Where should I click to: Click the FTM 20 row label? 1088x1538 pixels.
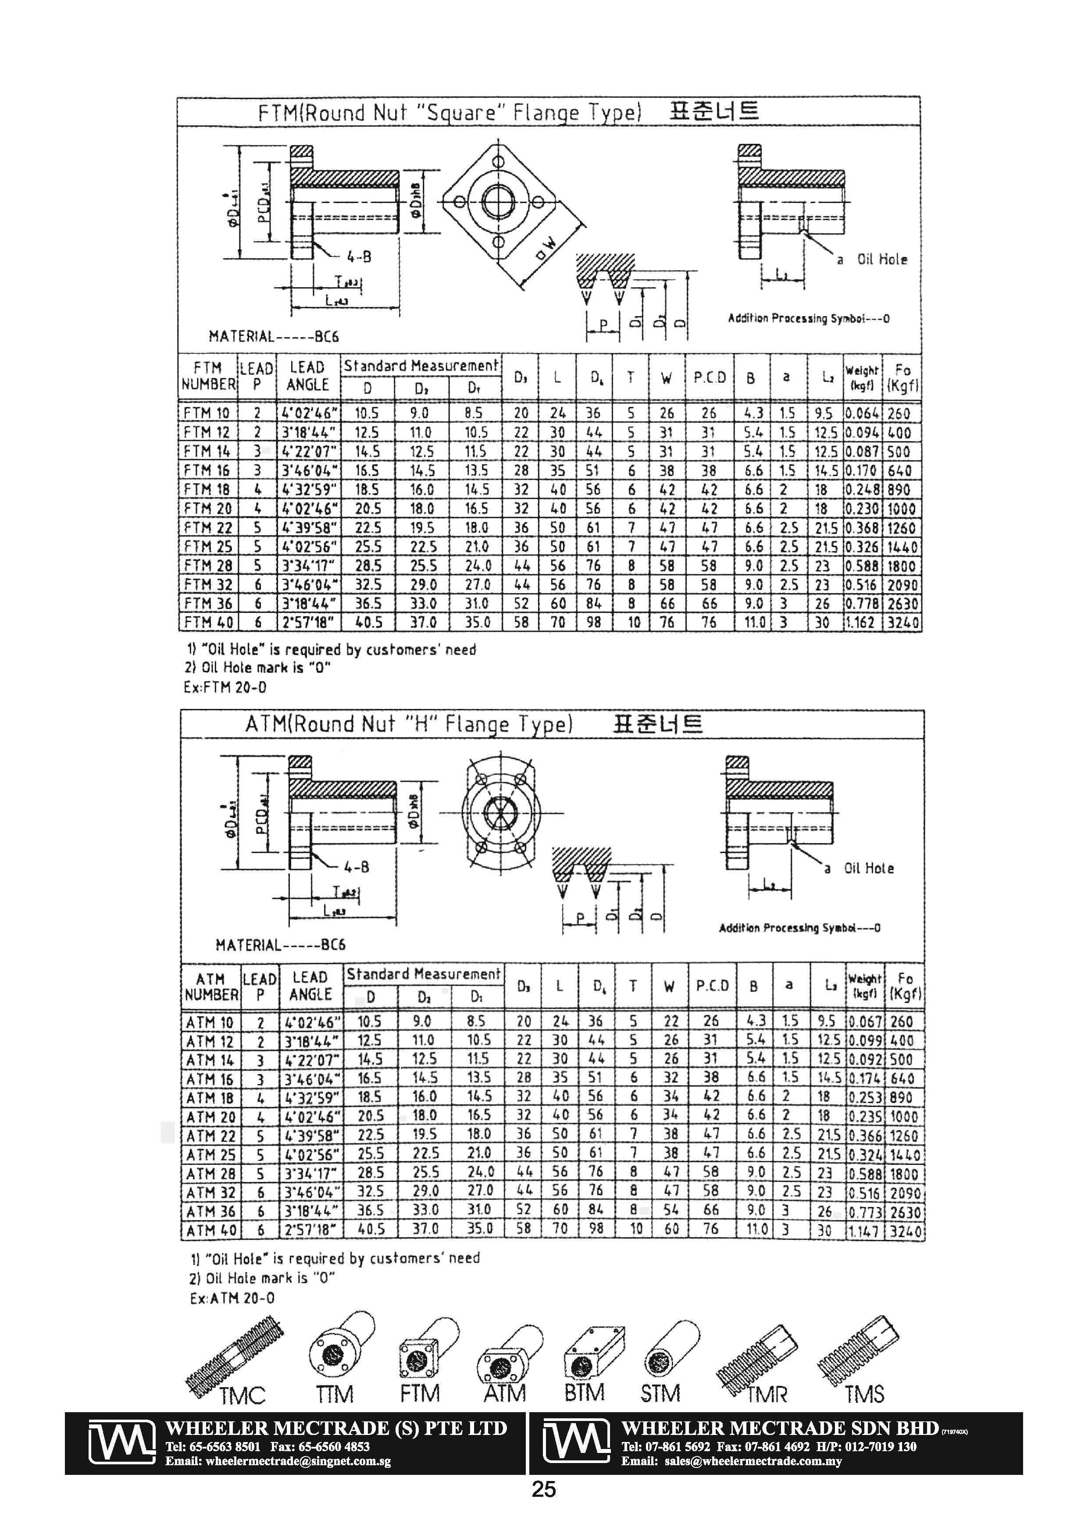click(208, 509)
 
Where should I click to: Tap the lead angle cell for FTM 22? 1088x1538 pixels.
click(309, 528)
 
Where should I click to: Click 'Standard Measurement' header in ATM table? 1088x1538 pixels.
click(424, 975)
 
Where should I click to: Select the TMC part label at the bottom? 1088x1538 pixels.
click(243, 1396)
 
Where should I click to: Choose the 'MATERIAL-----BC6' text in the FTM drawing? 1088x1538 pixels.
click(273, 336)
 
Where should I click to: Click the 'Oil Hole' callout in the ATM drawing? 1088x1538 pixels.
click(868, 868)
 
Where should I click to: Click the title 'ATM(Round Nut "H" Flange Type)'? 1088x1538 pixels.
click(409, 724)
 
